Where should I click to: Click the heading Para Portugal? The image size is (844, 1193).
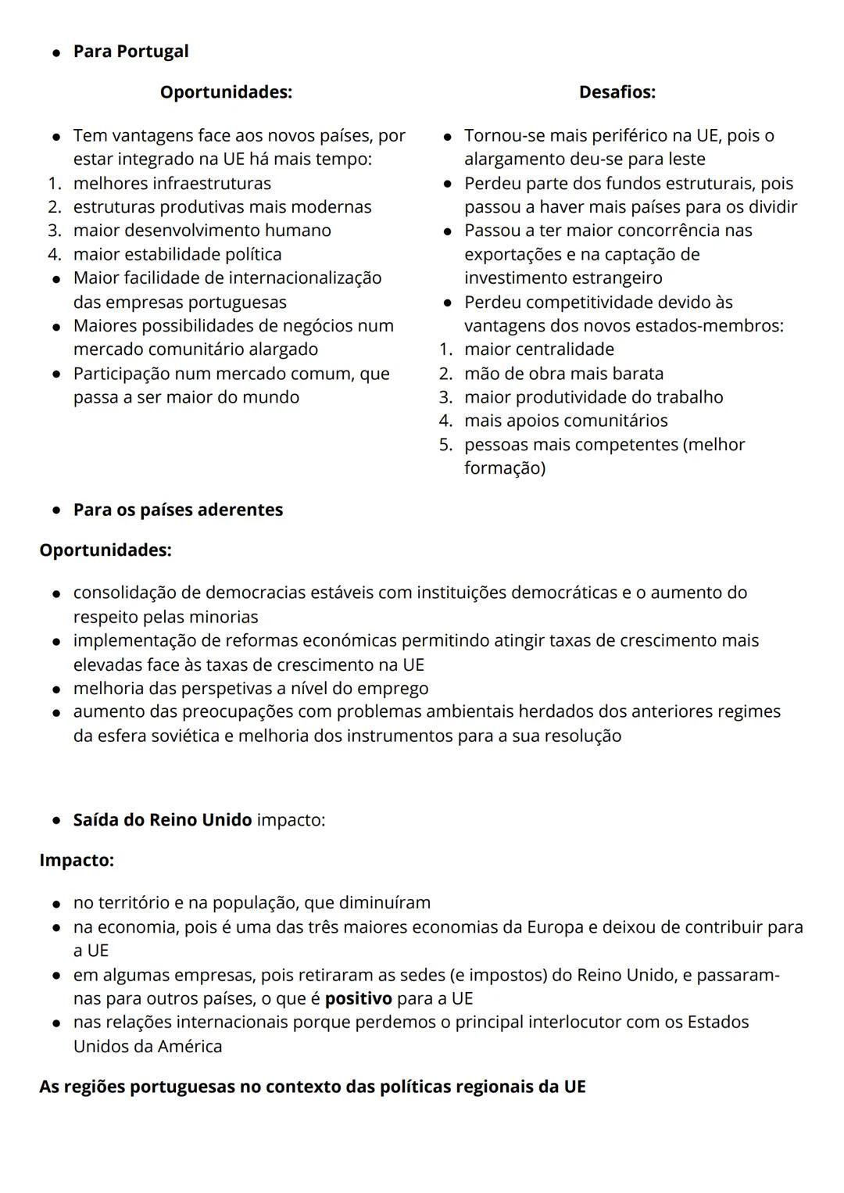131,52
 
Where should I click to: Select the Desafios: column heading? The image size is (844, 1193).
617,92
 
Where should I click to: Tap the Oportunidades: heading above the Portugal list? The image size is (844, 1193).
226,92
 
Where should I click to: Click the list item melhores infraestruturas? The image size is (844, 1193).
172,184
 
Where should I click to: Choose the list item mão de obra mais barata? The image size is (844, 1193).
563,374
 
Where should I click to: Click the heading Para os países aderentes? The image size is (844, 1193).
178,510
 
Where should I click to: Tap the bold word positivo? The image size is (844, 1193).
358,999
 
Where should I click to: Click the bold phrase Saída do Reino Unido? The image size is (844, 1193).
163,820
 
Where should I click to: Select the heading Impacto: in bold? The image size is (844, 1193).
77,861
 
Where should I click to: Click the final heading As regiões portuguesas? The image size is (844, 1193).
313,1087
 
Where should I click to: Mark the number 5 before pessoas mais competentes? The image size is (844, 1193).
445,445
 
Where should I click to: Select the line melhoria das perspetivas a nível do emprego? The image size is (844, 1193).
251,689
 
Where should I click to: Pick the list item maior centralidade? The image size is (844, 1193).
539,349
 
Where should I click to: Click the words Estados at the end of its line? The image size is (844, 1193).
717,1023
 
